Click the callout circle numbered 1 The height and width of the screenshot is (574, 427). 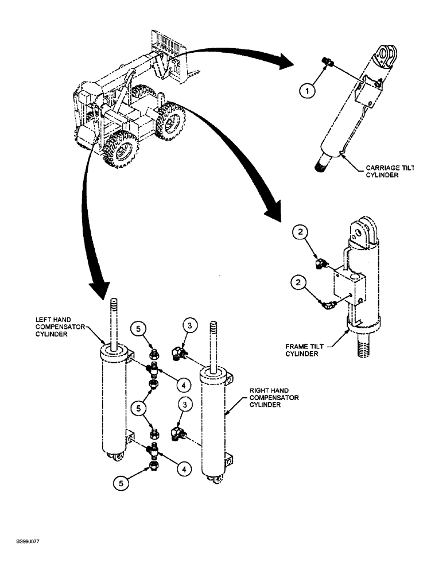click(x=308, y=91)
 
